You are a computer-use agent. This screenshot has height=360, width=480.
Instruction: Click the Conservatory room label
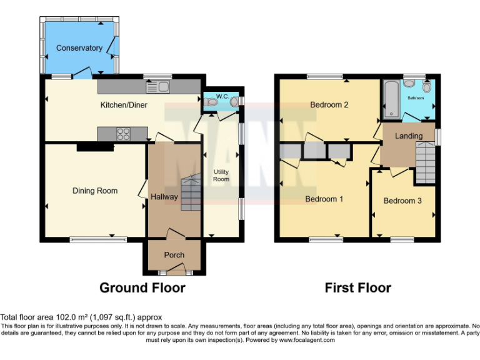[79, 48]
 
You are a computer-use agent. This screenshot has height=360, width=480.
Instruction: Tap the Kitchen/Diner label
[124, 105]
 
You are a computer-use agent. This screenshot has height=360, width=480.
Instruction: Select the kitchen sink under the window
[164, 87]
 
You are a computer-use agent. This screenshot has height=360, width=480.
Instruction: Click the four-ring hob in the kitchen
[122, 133]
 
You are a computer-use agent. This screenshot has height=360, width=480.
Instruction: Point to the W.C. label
[222, 96]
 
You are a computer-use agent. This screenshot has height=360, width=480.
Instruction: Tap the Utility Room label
[221, 175]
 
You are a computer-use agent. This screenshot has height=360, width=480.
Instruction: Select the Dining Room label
[94, 191]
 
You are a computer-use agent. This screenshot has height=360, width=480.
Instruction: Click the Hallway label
[164, 197]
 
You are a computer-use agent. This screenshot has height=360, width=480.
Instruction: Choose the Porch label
[174, 255]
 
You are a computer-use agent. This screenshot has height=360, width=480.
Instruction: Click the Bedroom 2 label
[329, 105]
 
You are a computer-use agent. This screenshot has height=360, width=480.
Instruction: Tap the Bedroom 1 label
[323, 199]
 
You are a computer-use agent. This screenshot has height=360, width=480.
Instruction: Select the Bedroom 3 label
[402, 201]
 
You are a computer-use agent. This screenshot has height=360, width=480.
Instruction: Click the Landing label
[409, 136]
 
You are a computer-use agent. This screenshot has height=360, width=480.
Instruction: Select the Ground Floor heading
[142, 288]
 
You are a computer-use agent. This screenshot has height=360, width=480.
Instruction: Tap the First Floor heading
[357, 288]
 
